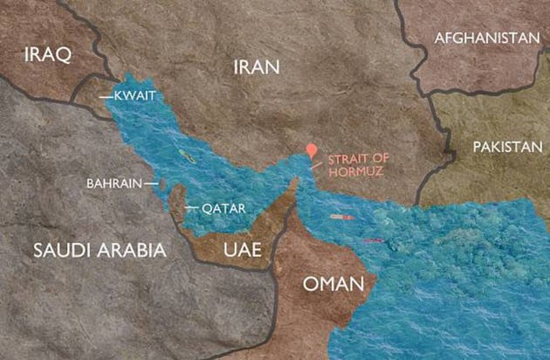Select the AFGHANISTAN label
click(486, 38)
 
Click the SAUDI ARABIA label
click(100, 250)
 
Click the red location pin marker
click(310, 150)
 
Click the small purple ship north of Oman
click(373, 239)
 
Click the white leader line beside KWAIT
click(108, 95)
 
